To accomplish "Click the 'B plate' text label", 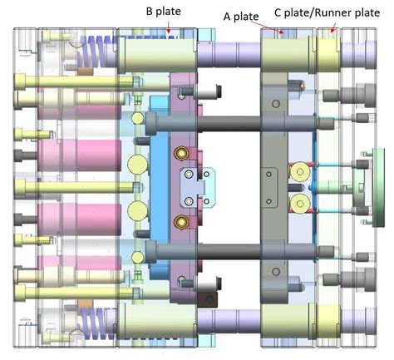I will pos(163,12).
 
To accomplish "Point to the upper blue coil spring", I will pos(97,57).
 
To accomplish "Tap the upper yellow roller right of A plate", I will pos(297,171).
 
